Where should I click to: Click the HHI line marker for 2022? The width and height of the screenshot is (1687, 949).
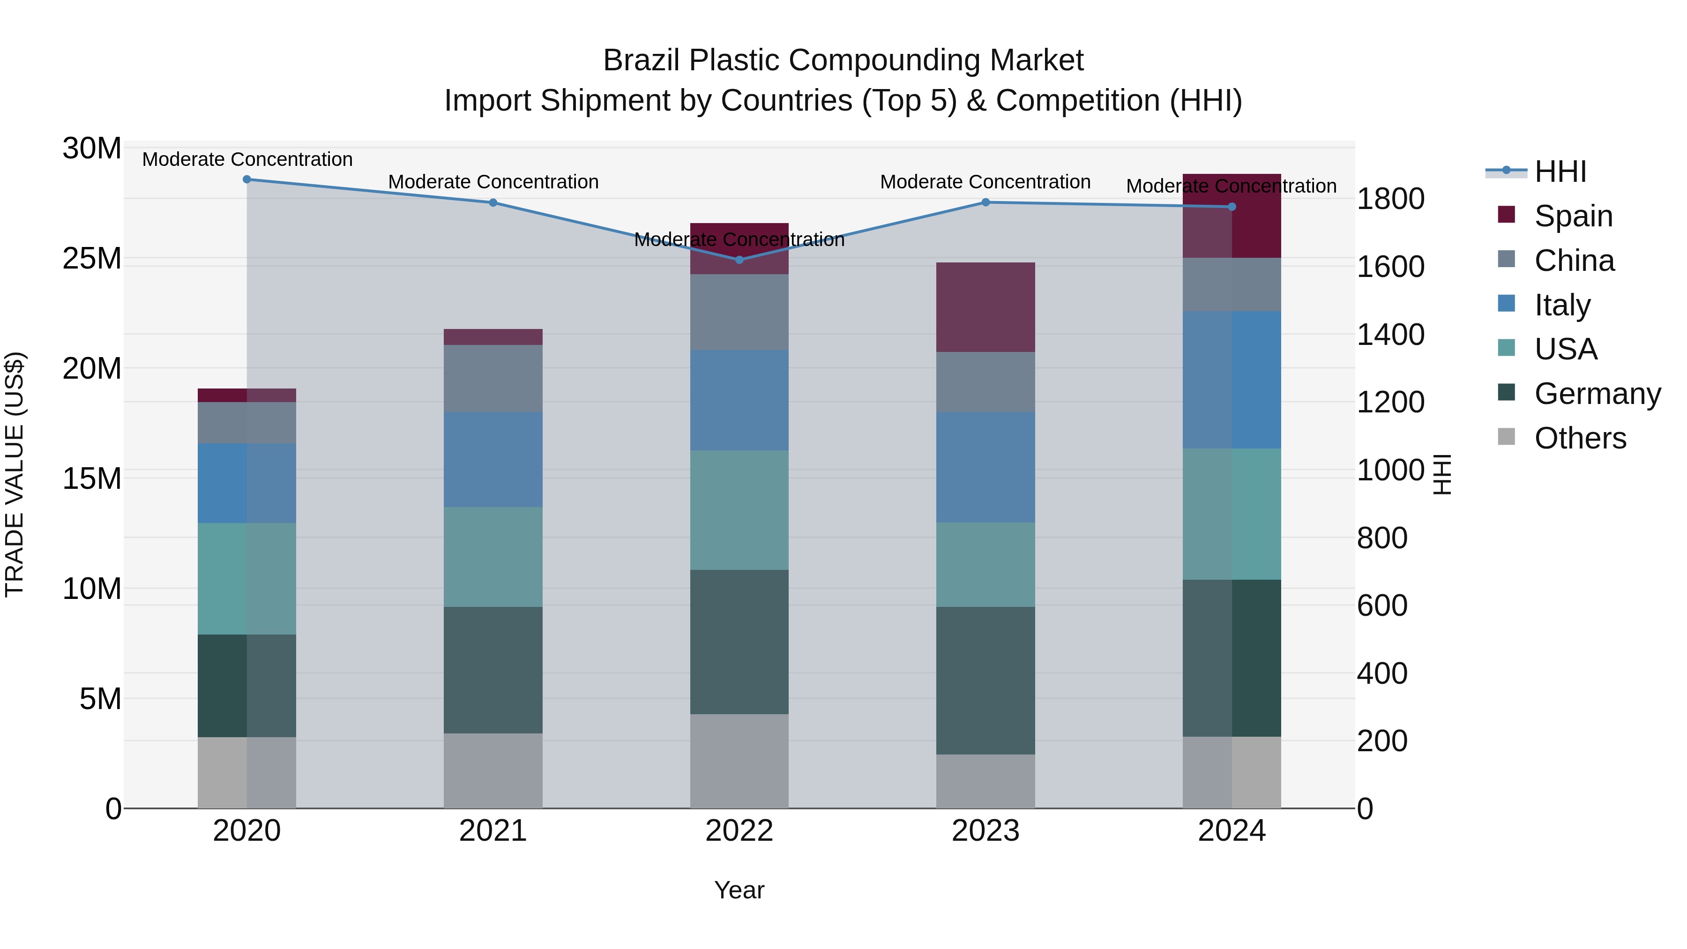click(739, 260)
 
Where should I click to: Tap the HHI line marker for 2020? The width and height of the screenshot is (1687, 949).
click(247, 179)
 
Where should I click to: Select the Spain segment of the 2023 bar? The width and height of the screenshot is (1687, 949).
click(985, 307)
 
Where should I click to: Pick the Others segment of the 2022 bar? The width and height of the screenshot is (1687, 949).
click(739, 761)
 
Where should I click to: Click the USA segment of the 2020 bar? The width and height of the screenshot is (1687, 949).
click(247, 578)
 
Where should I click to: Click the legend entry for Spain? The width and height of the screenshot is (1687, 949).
click(1572, 216)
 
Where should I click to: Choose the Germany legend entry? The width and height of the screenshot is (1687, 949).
click(1597, 394)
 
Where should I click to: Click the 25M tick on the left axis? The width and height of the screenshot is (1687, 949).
click(92, 259)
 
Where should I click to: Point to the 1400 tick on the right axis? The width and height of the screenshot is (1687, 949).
click(1390, 335)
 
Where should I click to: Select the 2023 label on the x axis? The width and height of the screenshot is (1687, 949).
click(985, 831)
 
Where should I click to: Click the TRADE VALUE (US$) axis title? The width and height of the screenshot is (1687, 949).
click(15, 474)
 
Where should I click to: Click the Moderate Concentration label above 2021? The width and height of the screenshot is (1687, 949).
click(493, 182)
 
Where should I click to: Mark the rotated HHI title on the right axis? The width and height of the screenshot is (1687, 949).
click(1441, 474)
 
